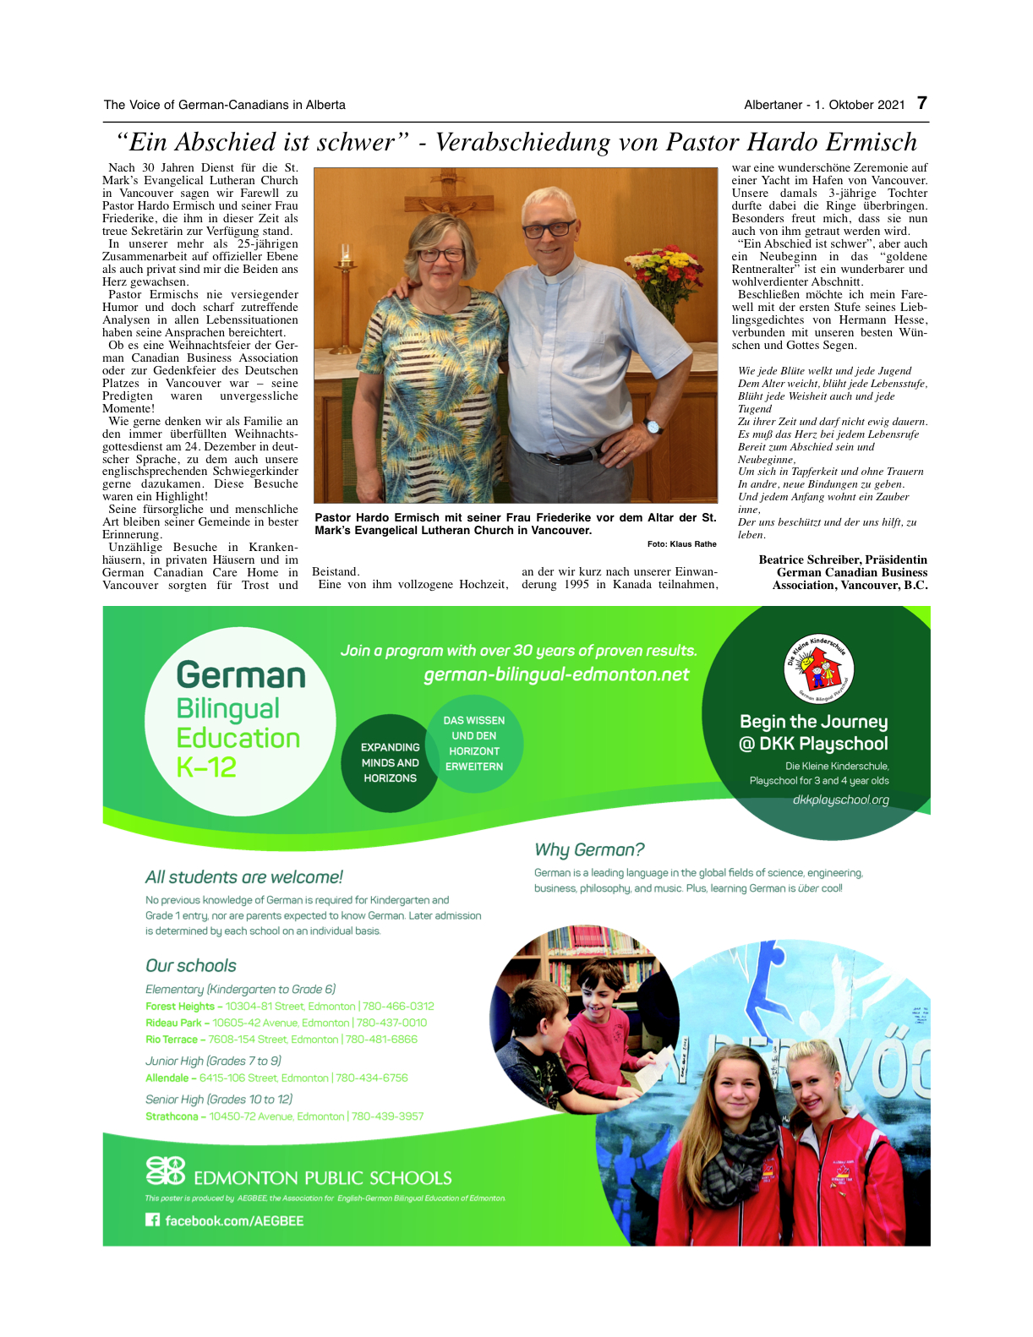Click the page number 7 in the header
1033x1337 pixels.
tap(922, 103)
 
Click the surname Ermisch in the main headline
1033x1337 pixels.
tap(871, 142)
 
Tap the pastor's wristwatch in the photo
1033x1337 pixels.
tap(653, 425)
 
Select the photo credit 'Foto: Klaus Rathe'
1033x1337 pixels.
tap(681, 544)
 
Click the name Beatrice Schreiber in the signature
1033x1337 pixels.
tap(809, 559)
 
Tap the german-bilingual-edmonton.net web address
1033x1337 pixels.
tap(556, 674)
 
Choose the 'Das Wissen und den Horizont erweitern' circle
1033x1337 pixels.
tap(474, 744)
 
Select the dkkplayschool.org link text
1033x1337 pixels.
tap(840, 799)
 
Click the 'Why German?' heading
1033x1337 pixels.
tap(589, 849)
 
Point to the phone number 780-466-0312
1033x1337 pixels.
tap(398, 1007)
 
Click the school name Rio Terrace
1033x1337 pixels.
tap(172, 1040)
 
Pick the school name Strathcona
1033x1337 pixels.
tap(172, 1116)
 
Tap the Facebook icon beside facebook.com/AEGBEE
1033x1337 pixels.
tap(152, 1220)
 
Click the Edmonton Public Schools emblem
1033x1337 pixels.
tap(165, 1171)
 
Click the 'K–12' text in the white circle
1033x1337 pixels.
tap(206, 767)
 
